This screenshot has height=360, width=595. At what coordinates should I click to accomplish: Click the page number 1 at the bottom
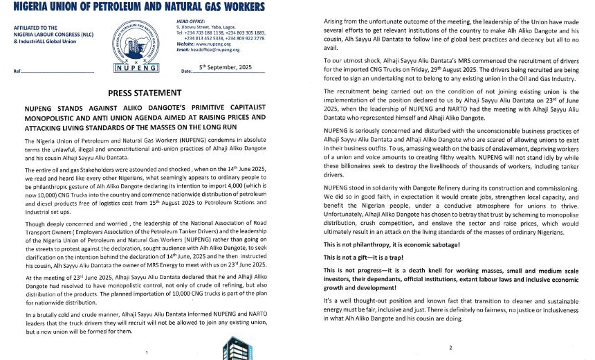click(147, 352)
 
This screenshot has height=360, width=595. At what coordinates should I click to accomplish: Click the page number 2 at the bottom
click(450, 347)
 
